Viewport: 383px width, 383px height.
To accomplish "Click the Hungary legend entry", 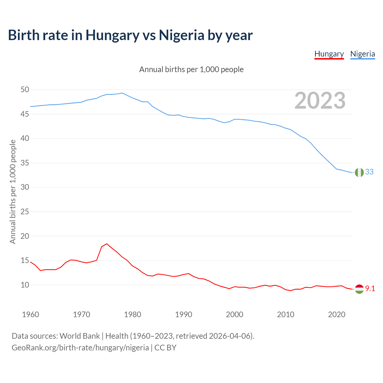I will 329,54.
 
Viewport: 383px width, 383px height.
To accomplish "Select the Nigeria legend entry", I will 362,54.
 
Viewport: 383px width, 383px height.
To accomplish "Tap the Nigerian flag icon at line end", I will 359,172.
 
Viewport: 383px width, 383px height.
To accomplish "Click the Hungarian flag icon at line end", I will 359,289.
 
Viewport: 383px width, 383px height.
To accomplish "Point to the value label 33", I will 369,172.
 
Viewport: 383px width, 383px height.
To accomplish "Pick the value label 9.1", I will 370,288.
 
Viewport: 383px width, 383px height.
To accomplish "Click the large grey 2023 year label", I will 320,101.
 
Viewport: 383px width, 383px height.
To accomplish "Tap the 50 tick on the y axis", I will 25,90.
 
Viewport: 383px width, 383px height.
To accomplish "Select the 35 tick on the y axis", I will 25,163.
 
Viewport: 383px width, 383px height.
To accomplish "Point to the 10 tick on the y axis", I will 25,285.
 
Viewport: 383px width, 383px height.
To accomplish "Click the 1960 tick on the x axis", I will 31,314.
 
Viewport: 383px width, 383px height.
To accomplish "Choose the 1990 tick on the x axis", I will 184,314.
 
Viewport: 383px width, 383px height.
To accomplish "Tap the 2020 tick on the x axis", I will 337,314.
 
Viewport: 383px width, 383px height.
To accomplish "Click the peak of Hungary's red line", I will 107,244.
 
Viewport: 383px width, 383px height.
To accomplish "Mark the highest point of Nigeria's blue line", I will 122,93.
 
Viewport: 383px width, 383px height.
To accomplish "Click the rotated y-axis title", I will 13,191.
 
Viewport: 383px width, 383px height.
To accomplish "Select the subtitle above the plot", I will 191,69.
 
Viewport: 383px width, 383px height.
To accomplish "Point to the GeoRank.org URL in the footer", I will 80,347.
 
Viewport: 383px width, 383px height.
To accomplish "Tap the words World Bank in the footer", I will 80,336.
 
